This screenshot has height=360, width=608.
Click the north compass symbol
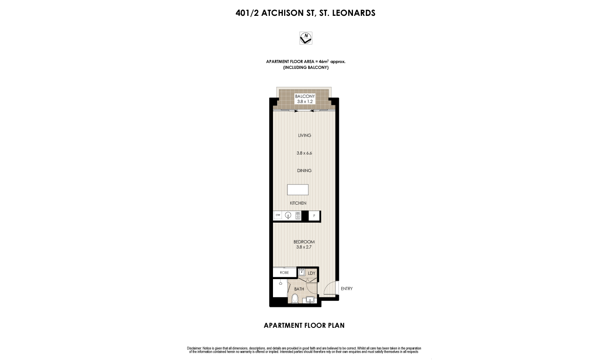pyautogui.click(x=305, y=38)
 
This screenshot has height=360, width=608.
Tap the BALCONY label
pyautogui.click(x=305, y=96)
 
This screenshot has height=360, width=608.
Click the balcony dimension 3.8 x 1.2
pyautogui.click(x=305, y=101)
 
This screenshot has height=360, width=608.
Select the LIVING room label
pyautogui.click(x=305, y=135)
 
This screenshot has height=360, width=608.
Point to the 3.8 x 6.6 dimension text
pyautogui.click(x=304, y=153)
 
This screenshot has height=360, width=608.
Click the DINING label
pyautogui.click(x=304, y=170)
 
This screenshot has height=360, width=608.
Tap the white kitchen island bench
pyautogui.click(x=298, y=190)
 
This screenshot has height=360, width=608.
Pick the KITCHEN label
pyautogui.click(x=298, y=203)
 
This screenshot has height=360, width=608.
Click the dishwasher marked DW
pyautogui.click(x=278, y=215)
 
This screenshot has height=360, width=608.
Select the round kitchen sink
pyautogui.click(x=288, y=215)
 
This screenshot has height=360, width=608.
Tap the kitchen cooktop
pyautogui.click(x=298, y=216)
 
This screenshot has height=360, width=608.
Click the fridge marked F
pyautogui.click(x=314, y=216)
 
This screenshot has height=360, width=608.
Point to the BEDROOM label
pyautogui.click(x=304, y=242)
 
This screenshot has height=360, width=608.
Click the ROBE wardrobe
pyautogui.click(x=285, y=273)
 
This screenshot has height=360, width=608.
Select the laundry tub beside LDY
pyautogui.click(x=302, y=272)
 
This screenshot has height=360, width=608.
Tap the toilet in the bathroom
pyautogui.click(x=294, y=298)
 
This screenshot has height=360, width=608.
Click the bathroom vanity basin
pyautogui.click(x=310, y=300)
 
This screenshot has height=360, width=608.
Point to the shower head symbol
pyautogui.click(x=281, y=283)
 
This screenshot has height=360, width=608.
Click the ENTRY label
pyautogui.click(x=347, y=289)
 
